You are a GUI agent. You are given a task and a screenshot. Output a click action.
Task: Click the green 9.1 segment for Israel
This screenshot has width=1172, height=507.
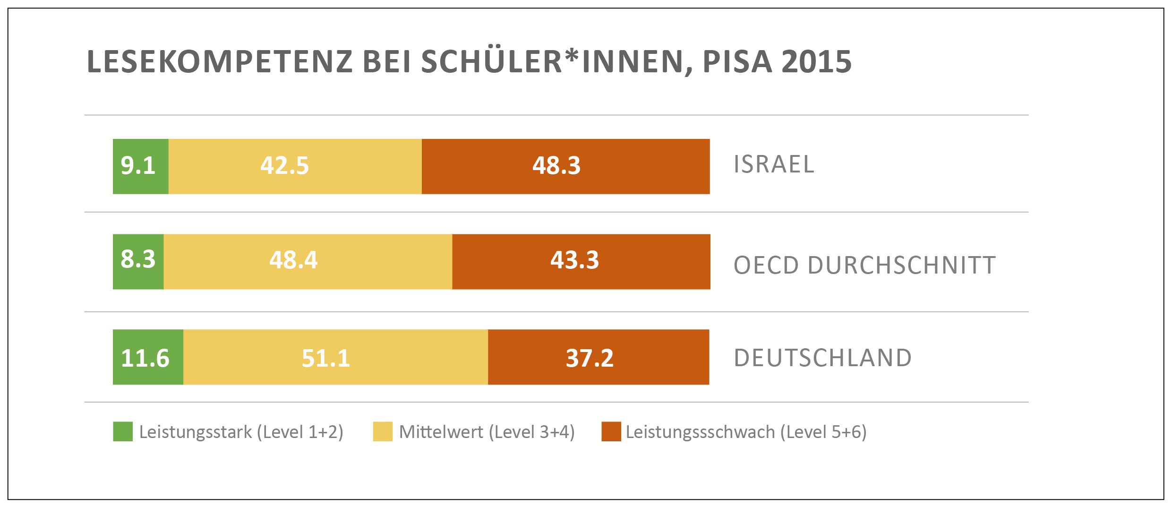coord(140,166)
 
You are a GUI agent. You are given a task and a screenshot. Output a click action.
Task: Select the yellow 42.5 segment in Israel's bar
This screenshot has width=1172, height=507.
coord(295,166)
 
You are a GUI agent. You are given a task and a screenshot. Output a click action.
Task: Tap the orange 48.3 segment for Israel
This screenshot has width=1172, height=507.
coord(565,166)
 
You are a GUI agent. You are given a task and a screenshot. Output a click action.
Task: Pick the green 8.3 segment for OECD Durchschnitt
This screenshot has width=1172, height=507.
coord(138,261)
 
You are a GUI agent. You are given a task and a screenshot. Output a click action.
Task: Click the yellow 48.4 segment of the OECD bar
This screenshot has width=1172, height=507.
coord(308,261)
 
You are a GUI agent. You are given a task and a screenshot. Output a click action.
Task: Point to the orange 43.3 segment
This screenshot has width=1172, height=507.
coord(581,261)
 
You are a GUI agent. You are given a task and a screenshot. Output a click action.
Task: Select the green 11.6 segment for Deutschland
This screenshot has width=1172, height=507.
coord(148,357)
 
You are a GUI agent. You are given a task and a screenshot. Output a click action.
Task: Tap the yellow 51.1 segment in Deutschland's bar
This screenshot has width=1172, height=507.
coord(335,357)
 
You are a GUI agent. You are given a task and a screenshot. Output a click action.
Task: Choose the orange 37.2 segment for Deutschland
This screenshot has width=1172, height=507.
coord(599,357)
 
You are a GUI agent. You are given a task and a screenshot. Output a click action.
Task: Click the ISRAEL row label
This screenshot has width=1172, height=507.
coord(774,164)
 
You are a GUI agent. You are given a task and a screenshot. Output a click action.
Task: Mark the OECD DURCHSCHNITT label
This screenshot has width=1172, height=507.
coord(864,265)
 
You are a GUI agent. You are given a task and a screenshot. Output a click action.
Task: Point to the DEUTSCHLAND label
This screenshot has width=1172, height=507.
coord(822,358)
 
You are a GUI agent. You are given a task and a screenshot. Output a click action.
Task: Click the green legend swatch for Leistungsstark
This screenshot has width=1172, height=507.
coord(123,431)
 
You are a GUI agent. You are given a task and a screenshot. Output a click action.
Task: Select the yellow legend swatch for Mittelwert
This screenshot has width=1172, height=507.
coord(383,431)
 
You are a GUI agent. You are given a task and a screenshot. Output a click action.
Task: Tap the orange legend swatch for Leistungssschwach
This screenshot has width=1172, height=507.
coord(611,431)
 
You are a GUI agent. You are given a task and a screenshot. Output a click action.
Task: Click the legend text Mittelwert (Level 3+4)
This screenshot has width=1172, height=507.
coord(487,432)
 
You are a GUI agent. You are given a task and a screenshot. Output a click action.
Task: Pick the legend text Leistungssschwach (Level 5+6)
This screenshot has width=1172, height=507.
coord(746,432)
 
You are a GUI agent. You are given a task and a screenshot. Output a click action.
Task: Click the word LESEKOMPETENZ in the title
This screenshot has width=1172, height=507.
coord(220,62)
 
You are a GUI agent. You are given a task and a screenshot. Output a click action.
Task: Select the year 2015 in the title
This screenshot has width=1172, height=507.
coord(817,62)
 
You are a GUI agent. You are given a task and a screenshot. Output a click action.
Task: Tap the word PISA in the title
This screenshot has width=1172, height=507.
coord(737,62)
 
